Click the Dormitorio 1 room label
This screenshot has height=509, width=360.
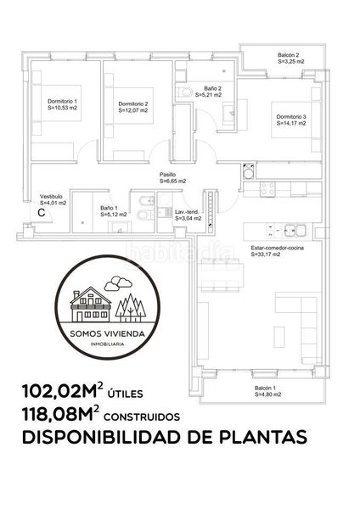click(62, 101)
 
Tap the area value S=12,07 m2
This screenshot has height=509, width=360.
click(133, 110)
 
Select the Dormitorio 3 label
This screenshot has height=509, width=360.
click(291, 116)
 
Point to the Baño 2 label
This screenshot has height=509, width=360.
click(213, 88)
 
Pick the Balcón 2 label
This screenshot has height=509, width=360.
click(288, 55)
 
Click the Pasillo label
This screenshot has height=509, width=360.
click(167, 175)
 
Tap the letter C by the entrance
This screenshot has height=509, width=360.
click(42, 213)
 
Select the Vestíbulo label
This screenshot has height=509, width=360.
click(51, 197)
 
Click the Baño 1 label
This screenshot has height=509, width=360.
click(110, 208)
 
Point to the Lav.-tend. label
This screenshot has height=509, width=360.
click(187, 212)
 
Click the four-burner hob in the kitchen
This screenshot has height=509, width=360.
click(267, 189)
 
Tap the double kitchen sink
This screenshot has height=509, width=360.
click(295, 231)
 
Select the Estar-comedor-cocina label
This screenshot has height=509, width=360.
click(277, 248)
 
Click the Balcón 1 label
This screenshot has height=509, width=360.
click(265, 388)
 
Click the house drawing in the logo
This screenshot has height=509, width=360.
click(91, 305)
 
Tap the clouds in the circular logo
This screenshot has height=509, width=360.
click(118, 283)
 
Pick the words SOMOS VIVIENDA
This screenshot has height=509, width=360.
click(108, 333)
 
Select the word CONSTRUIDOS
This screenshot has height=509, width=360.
click(142, 417)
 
